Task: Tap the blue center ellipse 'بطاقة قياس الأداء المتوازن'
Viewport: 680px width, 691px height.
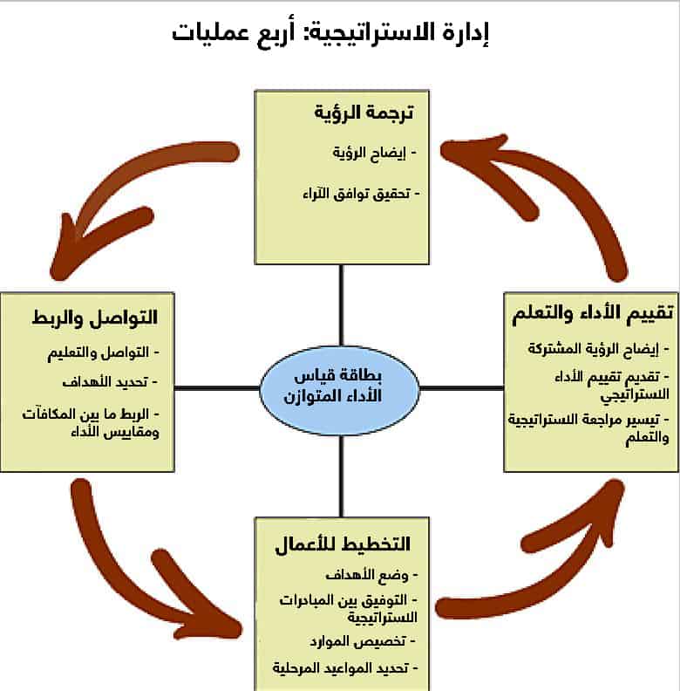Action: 340,387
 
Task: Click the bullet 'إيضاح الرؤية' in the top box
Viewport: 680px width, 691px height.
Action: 371,152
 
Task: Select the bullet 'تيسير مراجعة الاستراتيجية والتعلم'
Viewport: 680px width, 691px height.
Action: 589,429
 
